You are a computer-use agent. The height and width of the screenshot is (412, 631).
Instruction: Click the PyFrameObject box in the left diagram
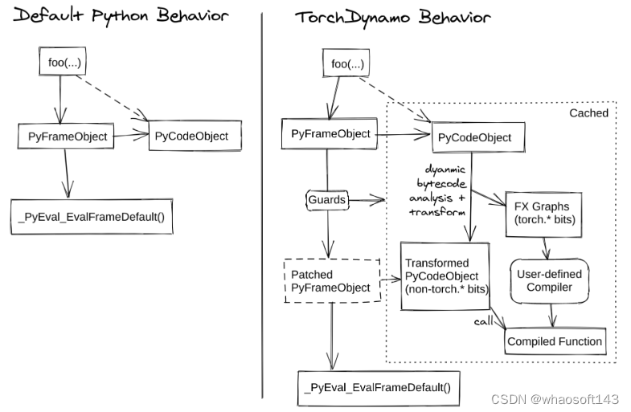pos(64,137)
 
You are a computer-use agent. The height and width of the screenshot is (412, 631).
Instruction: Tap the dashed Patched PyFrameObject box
pos(330,280)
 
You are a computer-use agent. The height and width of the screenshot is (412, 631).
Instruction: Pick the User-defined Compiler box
pos(549,280)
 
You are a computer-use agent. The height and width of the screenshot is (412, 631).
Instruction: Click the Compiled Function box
pos(554,341)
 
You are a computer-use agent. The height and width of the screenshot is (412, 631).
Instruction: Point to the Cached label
pos(588,113)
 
